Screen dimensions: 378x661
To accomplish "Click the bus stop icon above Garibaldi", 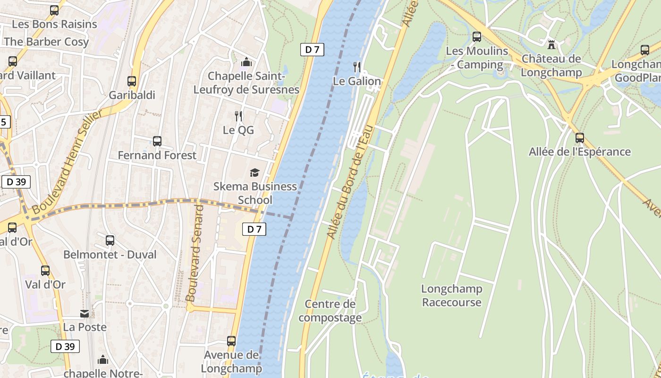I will (x=132, y=81).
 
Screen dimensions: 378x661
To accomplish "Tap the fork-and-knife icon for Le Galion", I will (x=357, y=67).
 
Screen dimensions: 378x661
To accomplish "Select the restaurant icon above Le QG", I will (x=238, y=116).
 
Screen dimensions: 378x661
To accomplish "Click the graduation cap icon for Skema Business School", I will (x=255, y=172).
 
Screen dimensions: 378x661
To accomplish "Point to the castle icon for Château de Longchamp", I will (x=551, y=45).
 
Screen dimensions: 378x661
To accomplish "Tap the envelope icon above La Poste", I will (x=85, y=313).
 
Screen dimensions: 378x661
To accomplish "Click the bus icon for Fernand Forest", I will (x=157, y=141).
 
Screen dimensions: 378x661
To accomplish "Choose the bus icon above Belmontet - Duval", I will (x=110, y=241).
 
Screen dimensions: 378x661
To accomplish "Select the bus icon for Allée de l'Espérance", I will (x=579, y=138).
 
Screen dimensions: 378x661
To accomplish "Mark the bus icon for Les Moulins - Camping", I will (x=477, y=37).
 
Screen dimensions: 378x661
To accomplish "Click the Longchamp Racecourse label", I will (x=451, y=295).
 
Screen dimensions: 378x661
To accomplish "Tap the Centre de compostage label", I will (x=330, y=310).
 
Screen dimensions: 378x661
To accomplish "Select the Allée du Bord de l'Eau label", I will (x=350, y=182).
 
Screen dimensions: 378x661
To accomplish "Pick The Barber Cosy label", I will (x=46, y=42).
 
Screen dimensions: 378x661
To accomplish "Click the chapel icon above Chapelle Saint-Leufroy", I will (x=246, y=62).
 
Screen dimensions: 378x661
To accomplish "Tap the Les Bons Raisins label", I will (x=54, y=24).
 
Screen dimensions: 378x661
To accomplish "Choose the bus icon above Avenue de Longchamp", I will (x=231, y=341).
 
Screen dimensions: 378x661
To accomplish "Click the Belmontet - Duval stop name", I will (x=110, y=255).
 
